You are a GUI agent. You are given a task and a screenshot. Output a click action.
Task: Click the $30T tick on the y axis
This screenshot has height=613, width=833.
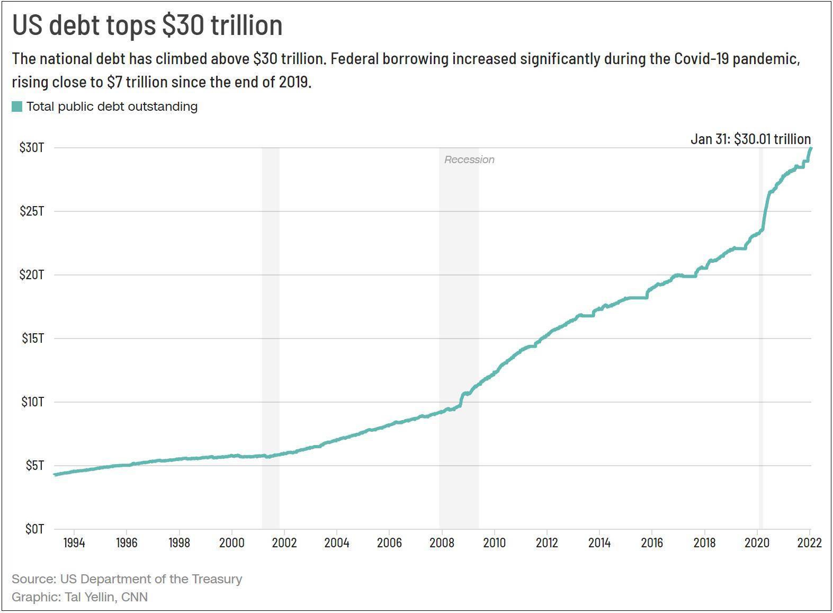32,147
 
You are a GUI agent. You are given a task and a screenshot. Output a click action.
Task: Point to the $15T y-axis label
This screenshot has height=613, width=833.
32,338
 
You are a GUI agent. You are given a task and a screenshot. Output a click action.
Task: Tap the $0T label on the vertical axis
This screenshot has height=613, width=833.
34,529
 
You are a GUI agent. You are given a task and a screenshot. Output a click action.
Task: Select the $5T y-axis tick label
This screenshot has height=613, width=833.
34,465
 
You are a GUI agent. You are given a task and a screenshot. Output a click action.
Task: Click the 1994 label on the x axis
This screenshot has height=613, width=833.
74,543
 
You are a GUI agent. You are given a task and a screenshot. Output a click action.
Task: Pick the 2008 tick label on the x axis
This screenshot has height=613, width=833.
442,543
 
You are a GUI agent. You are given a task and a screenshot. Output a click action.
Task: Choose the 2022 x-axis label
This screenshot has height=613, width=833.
809,543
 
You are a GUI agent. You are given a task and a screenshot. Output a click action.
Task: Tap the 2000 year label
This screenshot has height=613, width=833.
231,543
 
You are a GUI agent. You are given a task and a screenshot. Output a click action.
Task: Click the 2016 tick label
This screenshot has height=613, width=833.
651,543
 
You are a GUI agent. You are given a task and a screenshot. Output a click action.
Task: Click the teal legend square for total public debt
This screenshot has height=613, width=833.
17,106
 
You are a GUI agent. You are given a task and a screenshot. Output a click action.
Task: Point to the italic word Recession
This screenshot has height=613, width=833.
469,159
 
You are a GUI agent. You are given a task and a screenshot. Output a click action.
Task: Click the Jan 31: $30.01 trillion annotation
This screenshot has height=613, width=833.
750,139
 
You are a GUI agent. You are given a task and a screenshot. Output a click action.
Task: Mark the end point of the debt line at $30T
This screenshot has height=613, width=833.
811,148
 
